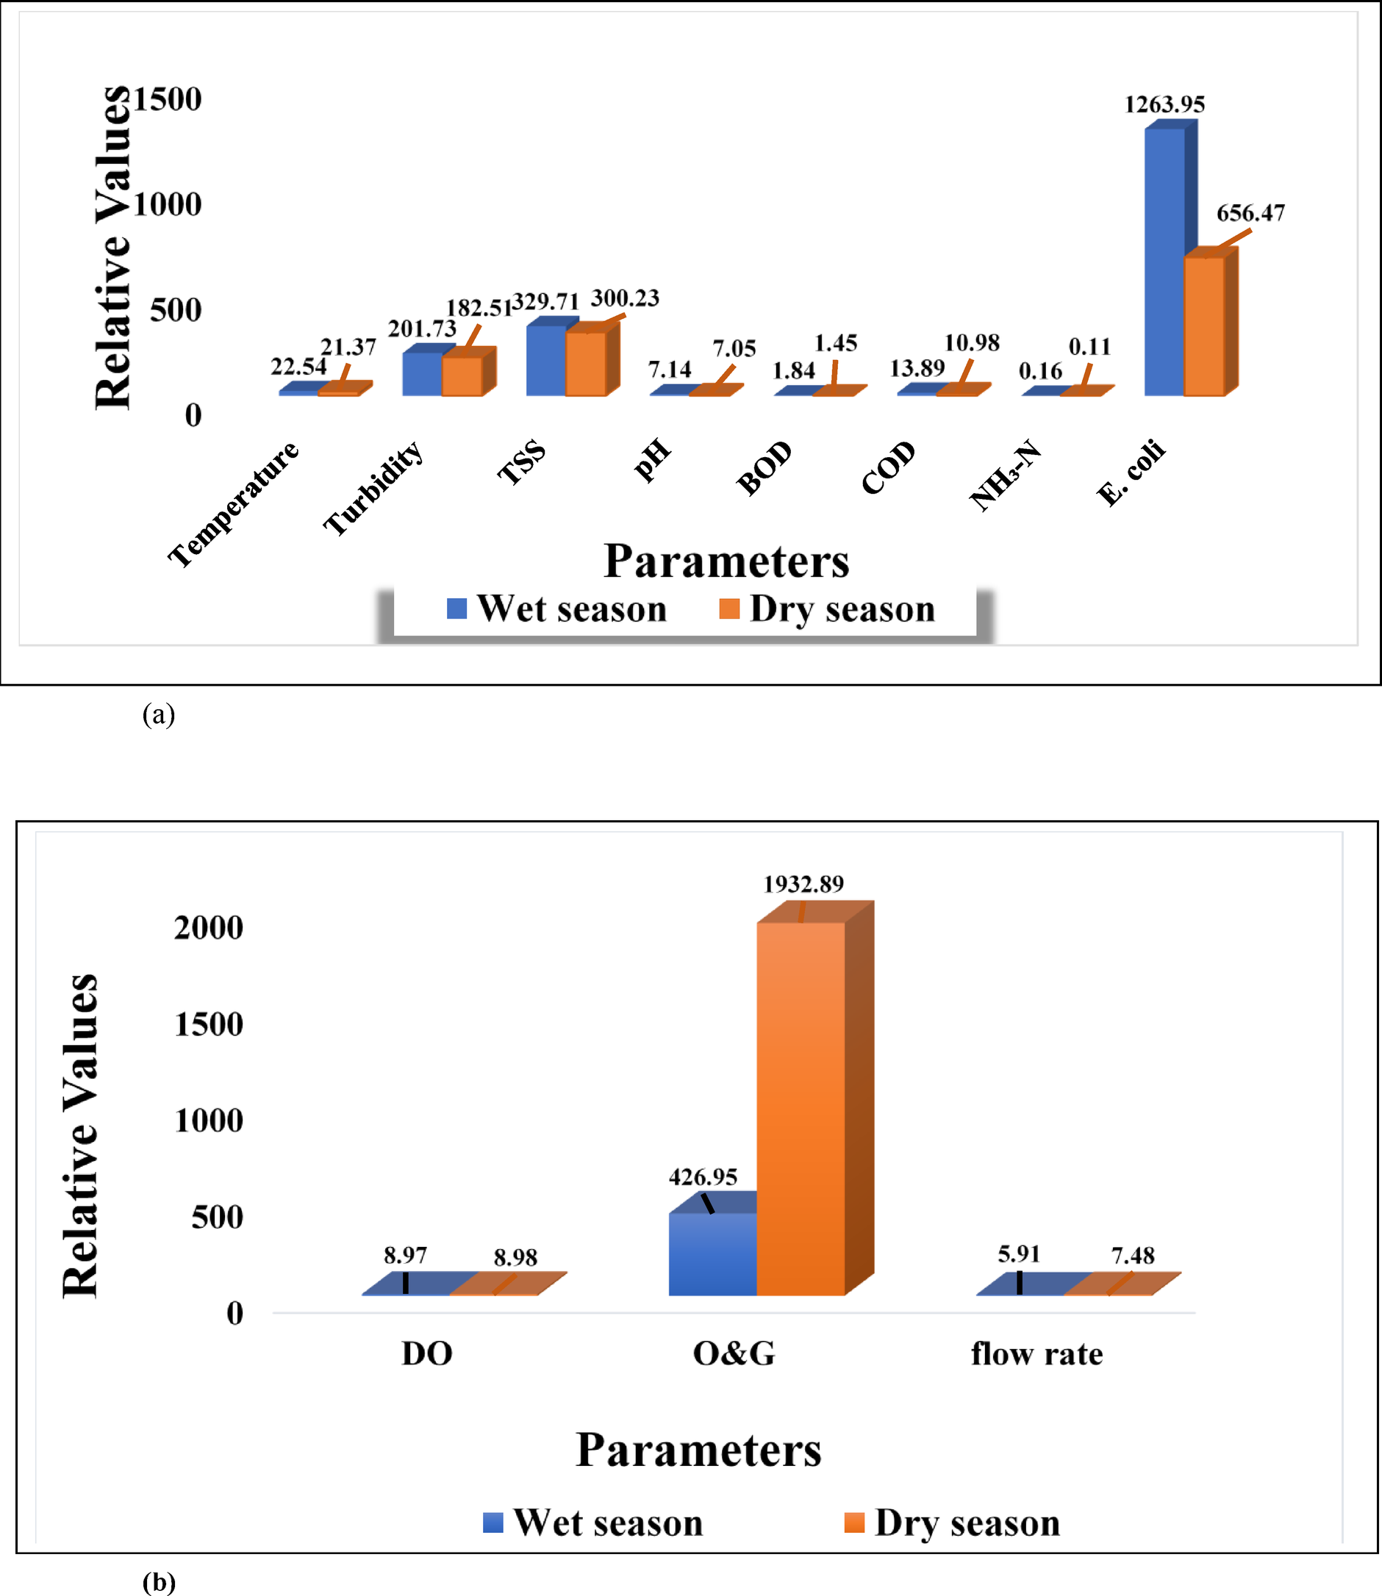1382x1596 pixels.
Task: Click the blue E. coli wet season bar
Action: pos(1164,262)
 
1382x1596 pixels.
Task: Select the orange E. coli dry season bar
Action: pos(1204,327)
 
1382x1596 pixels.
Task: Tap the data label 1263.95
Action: pos(1164,104)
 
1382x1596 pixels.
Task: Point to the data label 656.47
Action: pos(1250,213)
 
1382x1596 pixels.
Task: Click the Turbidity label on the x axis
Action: pos(373,487)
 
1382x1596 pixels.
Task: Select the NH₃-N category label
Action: pos(1005,475)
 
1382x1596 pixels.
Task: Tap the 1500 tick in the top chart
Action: pos(168,98)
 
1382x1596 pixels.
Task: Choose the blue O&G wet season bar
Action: pos(712,1254)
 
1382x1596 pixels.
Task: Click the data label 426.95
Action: pos(703,1177)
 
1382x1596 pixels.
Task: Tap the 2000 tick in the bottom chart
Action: pos(208,927)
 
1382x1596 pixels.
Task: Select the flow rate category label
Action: pos(1036,1354)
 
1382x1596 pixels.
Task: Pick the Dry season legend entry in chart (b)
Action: pos(953,1523)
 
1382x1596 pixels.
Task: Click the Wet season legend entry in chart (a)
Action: pos(556,609)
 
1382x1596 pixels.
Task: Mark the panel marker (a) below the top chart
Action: pos(158,715)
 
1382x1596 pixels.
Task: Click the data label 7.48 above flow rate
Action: pos(1132,1255)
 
